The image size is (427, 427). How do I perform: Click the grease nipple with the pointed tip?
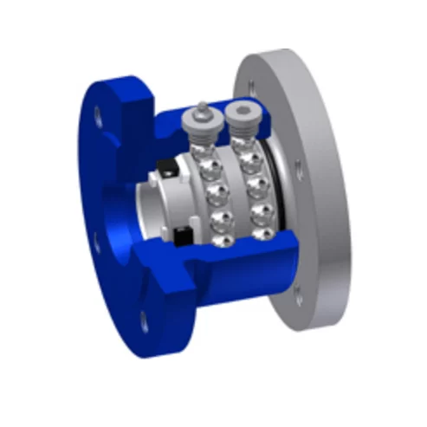click(200, 108)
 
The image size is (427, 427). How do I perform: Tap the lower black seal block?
click(183, 235)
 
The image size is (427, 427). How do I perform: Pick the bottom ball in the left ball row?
click(222, 240)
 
